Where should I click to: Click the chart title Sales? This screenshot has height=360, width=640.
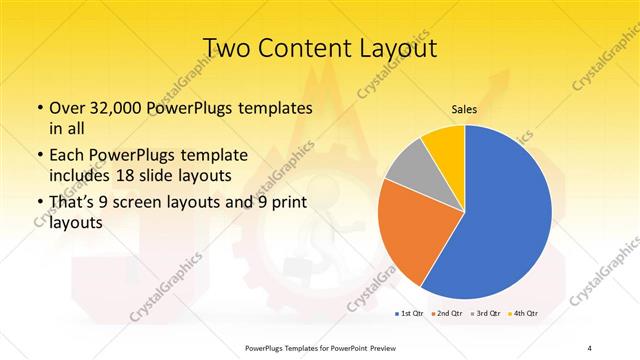[x=463, y=109]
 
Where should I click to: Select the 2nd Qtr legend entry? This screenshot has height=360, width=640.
[x=446, y=315]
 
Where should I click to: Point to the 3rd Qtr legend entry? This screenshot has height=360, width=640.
[x=485, y=315]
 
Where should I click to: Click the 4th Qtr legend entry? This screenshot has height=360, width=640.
[x=523, y=315]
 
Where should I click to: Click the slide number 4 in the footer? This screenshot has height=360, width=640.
[x=589, y=348]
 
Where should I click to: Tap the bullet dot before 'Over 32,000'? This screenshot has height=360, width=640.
[x=38, y=109]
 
